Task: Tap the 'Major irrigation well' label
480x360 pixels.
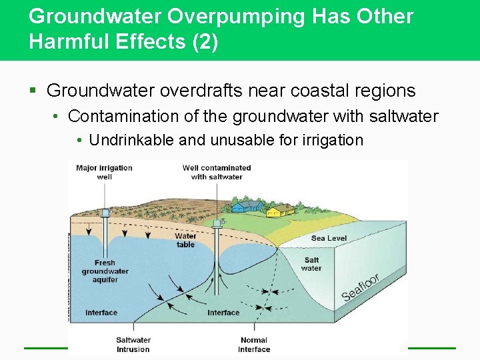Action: tap(104, 172)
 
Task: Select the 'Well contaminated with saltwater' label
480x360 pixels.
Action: tap(217, 172)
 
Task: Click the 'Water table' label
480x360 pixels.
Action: tap(185, 240)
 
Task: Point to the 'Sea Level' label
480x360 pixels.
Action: tap(329, 238)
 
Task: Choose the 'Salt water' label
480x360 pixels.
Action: tap(311, 264)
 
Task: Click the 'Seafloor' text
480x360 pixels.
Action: tap(360, 287)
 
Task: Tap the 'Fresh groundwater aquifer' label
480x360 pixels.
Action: tap(105, 271)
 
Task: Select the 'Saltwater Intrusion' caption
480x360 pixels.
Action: tap(133, 344)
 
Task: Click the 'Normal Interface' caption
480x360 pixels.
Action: tap(254, 344)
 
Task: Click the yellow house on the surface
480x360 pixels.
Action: tap(280, 211)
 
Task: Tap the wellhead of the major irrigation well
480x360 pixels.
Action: tap(105, 213)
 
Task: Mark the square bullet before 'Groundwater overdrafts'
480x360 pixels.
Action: tap(33, 91)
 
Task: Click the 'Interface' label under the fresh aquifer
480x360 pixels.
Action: tap(101, 313)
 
